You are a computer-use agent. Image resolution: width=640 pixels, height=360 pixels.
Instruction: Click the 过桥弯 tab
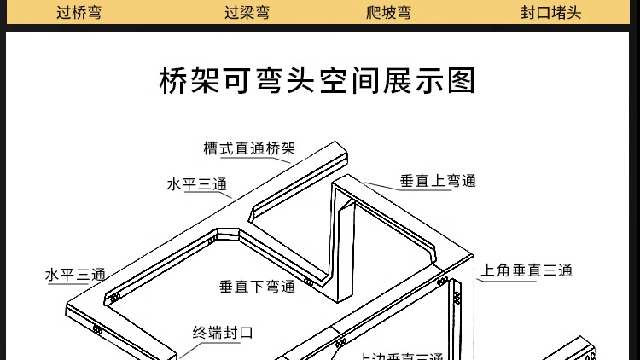78,13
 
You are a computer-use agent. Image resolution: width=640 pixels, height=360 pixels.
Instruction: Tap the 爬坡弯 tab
388,13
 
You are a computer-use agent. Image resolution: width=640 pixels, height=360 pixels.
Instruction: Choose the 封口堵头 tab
550,13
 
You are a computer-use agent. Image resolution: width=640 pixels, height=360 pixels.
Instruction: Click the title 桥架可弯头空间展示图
317,82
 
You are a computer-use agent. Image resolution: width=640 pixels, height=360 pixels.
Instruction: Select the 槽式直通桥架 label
248,148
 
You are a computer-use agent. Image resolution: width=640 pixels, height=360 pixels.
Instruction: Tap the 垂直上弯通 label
438,181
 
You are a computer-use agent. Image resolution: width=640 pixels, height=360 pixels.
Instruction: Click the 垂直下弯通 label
257,287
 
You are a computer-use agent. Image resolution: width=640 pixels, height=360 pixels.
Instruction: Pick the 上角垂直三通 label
525,270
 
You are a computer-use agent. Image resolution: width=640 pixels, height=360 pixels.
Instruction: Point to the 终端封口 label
222,333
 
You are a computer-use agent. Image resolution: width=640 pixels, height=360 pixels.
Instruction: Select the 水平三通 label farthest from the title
75,275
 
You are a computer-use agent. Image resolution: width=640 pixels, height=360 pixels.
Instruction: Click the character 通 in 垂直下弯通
288,287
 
